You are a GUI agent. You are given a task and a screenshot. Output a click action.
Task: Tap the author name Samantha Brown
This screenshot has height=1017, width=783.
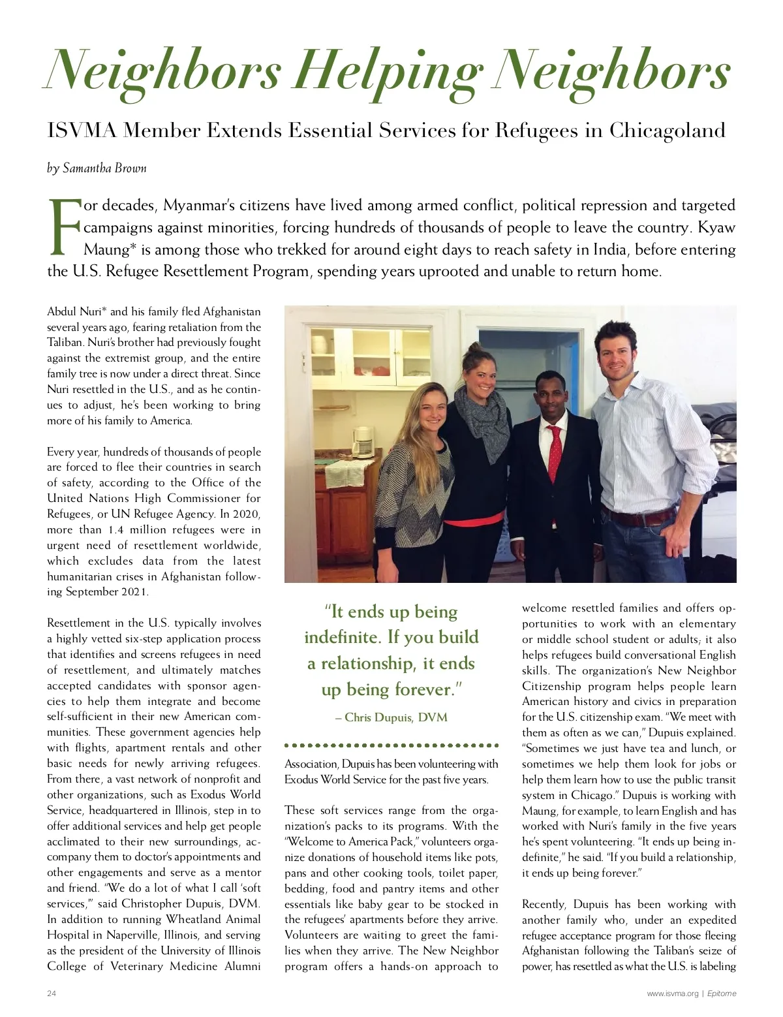(x=104, y=168)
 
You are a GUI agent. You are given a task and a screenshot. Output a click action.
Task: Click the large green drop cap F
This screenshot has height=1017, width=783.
(x=64, y=227)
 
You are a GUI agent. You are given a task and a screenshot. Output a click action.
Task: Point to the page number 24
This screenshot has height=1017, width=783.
(x=52, y=994)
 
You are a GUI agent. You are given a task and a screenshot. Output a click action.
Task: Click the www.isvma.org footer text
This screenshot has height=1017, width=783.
(x=672, y=994)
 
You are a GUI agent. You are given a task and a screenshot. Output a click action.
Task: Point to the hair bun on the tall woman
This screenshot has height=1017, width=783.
(x=475, y=348)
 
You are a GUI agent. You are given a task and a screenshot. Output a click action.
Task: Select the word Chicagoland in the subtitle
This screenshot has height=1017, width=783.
(x=667, y=131)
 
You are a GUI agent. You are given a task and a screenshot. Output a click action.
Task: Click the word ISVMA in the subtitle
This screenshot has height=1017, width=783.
(x=82, y=131)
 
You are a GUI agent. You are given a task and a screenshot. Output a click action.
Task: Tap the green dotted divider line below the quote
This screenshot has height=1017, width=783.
(x=391, y=745)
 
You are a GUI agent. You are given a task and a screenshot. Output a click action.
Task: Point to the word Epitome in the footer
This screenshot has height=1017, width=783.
(x=722, y=994)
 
